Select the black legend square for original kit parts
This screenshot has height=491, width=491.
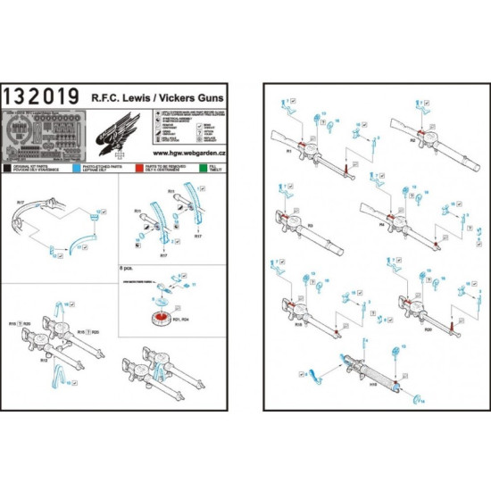tap(9, 166)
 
